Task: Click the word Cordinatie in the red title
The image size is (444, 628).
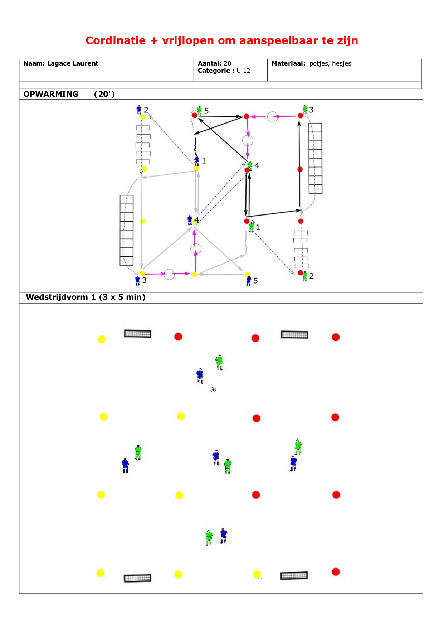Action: [116, 40]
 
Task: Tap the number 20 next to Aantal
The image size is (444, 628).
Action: [228, 63]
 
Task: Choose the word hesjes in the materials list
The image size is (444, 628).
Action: [342, 64]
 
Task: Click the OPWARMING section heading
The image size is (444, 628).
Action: [51, 94]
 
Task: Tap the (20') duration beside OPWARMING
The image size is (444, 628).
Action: [104, 94]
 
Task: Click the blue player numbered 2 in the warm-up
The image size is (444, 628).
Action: [139, 110]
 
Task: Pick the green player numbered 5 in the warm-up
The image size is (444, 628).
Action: [199, 110]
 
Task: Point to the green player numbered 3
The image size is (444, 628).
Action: [305, 110]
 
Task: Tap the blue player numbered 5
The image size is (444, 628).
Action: [249, 281]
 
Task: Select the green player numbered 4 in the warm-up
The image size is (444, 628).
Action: [250, 166]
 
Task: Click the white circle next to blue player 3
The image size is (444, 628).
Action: [169, 274]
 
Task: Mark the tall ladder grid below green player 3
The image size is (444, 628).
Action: [315, 158]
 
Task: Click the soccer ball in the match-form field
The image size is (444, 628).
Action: [213, 389]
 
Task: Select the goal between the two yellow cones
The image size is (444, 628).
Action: [138, 578]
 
